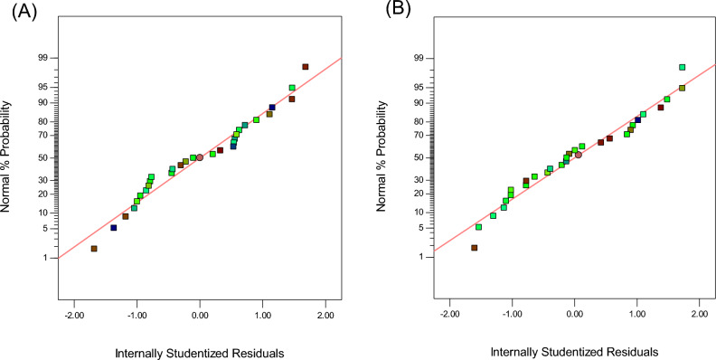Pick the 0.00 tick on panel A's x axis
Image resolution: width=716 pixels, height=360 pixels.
coord(200,317)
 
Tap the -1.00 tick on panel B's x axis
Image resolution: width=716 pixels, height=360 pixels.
coord(512,317)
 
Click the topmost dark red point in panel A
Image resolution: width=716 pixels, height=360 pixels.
coord(306,67)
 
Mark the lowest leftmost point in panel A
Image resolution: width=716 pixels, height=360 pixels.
coord(94,248)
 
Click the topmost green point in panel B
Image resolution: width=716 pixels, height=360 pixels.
coord(682,67)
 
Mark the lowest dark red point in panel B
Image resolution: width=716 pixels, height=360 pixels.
coord(474,248)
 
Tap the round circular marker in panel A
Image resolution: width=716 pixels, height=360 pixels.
coord(200,157)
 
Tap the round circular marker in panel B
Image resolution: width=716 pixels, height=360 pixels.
coord(579,155)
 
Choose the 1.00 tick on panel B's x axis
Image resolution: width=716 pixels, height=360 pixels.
coord(636,317)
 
